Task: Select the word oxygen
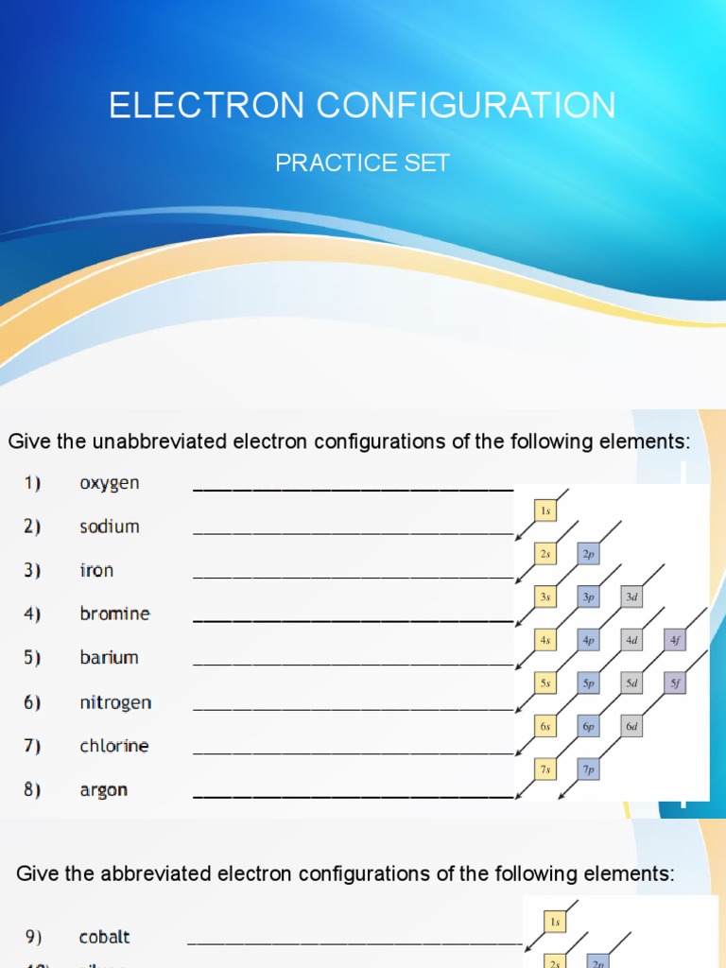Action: (x=110, y=483)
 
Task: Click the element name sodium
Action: (x=110, y=527)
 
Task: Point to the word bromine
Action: (x=114, y=614)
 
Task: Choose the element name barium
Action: (x=109, y=657)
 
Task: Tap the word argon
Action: (x=104, y=789)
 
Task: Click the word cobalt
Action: (x=105, y=937)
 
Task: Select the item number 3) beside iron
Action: (x=33, y=570)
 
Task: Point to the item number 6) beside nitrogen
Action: (x=33, y=701)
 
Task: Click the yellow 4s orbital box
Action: (x=545, y=640)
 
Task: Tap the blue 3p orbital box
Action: (x=588, y=597)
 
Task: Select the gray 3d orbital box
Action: (x=631, y=597)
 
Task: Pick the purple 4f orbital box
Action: (x=675, y=640)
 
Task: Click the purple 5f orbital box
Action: (x=675, y=683)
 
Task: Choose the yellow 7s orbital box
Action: (x=545, y=769)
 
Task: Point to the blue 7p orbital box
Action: (x=588, y=769)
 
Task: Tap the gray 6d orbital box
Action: (x=631, y=726)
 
